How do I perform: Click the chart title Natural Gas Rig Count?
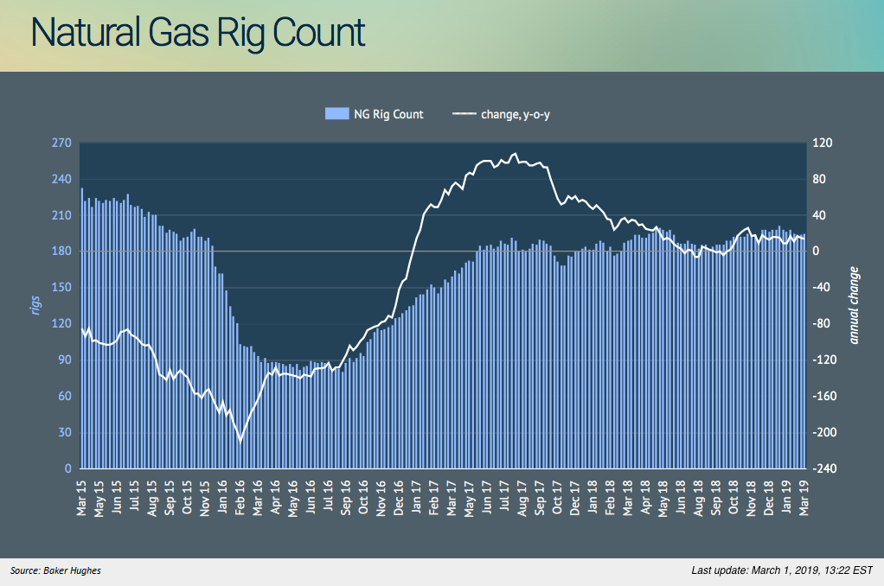coord(198,33)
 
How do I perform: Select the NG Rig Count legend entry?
coord(374,114)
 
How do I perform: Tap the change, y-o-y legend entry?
coord(501,114)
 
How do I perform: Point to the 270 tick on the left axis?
coord(61,143)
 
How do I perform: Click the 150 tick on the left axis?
coord(61,288)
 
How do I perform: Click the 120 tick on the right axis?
coord(821,143)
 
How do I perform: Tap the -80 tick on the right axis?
coord(821,324)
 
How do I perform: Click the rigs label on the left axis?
coord(36,305)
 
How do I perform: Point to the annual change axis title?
coord(855,305)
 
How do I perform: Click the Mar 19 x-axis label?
coord(805,498)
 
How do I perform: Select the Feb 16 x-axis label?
coord(240,498)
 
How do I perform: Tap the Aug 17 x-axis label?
coord(522,498)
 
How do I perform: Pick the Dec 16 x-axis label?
coord(399,498)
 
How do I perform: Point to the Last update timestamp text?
coord(782,570)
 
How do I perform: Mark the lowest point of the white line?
coord(240,441)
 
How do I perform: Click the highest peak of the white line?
coord(516,154)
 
